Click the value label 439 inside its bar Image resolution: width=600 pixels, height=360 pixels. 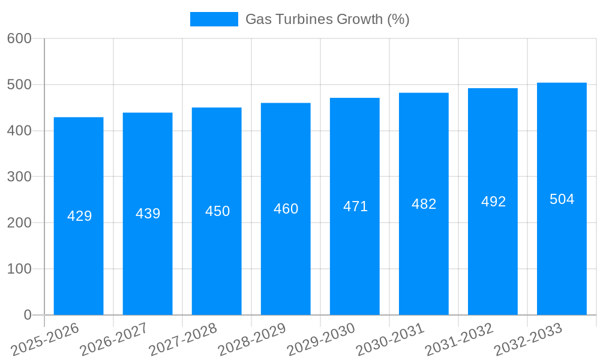148,214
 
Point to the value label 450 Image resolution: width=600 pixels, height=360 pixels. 217,211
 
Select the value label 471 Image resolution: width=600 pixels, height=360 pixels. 355,206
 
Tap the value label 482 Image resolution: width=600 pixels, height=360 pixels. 424,204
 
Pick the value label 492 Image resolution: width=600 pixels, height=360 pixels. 493,202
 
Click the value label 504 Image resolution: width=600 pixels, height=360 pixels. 562,199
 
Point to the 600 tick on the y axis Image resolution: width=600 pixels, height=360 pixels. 19,38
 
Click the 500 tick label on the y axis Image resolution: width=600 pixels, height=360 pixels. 19,85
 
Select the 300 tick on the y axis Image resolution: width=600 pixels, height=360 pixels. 19,177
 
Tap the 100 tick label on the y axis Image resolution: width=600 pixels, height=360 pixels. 19,269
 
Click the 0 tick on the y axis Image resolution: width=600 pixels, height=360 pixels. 28,315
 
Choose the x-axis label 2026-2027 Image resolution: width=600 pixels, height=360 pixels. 114,340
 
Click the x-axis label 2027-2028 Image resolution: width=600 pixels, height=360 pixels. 183,340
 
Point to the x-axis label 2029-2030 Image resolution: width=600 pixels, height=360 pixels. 321,340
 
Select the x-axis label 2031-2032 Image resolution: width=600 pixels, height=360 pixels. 459,340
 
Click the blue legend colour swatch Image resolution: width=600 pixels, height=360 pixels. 214,19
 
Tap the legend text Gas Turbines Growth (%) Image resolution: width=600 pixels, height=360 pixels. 327,19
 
